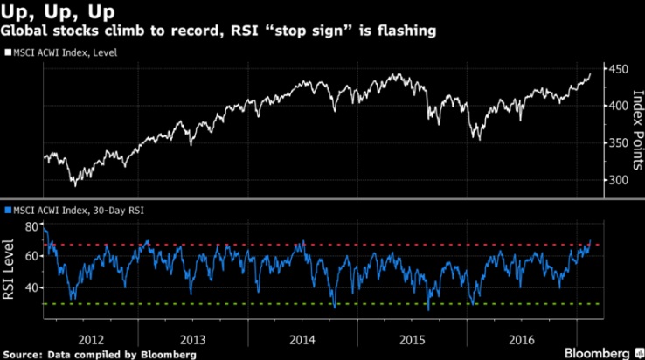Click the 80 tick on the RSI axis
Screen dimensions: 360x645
(32, 226)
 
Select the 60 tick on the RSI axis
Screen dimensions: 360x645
(32, 256)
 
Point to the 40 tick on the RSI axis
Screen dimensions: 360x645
(32, 287)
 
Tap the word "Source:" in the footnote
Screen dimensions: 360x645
(22, 354)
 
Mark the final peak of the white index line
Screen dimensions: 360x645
(590, 73)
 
